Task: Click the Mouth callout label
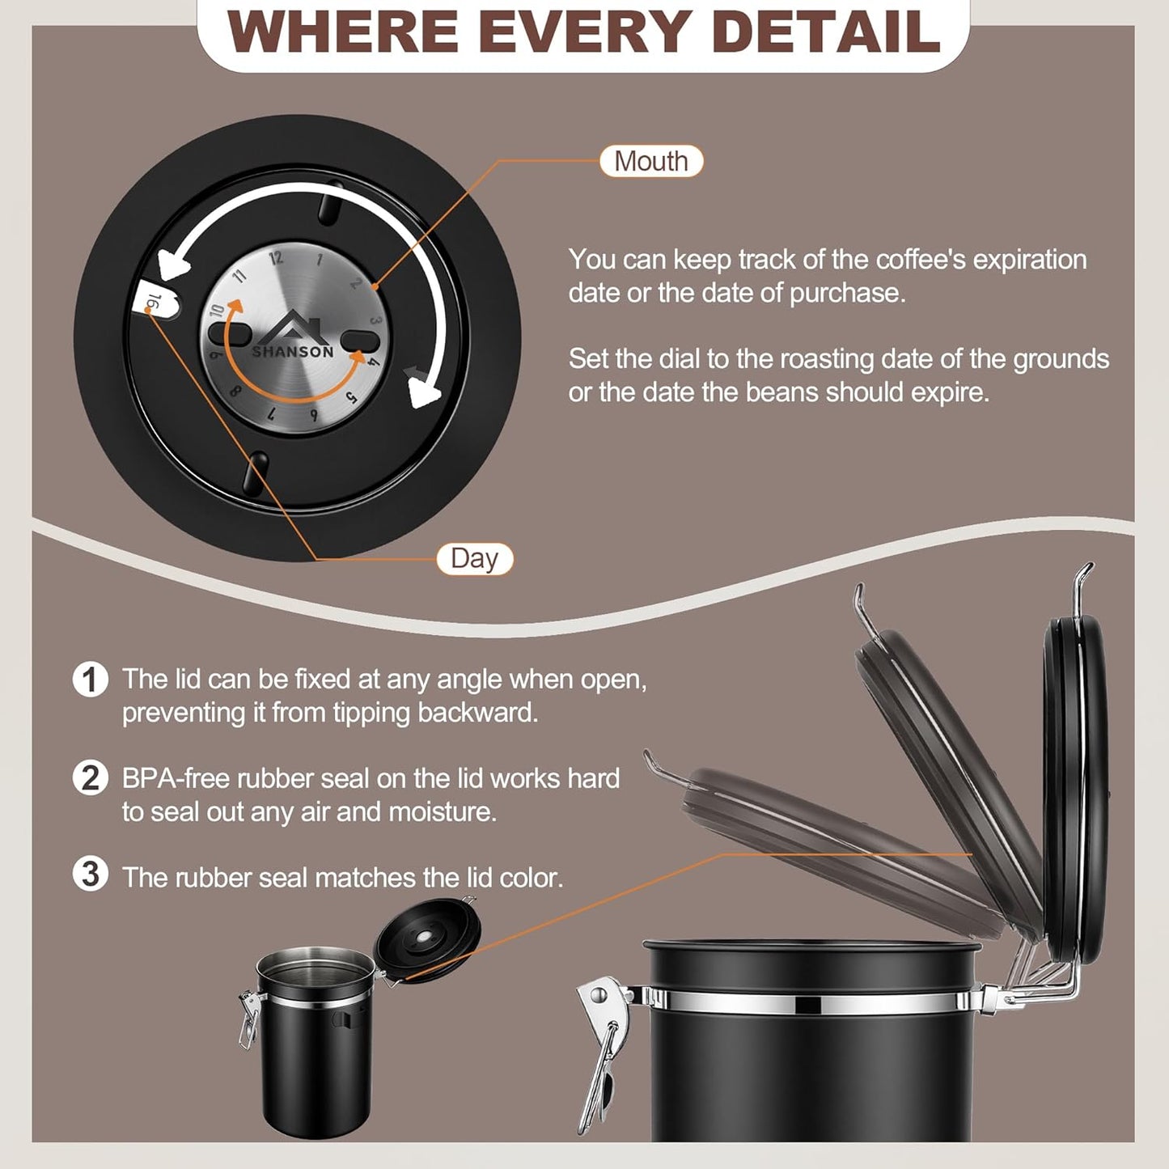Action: [651, 161]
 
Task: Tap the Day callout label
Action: [475, 559]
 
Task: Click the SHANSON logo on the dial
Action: [293, 340]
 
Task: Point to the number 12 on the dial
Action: [276, 258]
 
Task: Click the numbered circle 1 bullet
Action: [90, 680]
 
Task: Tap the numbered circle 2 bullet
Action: [90, 778]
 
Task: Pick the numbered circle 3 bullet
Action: [90, 875]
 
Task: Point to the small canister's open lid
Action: [428, 938]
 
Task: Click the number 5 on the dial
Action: [351, 397]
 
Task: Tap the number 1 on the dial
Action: [320, 260]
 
